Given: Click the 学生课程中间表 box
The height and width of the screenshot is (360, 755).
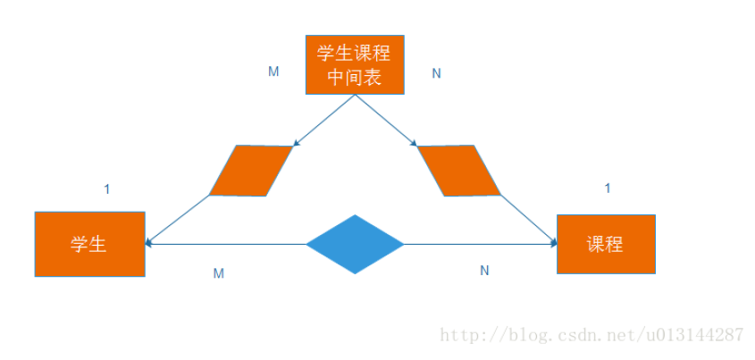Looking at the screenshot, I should [355, 64].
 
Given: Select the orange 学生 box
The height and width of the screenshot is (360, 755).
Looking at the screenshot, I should [89, 244].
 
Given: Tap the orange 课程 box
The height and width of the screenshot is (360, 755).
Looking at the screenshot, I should [606, 244].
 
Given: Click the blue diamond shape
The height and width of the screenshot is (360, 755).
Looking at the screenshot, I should [355, 244].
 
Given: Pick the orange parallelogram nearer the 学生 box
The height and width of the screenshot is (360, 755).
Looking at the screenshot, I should [251, 170].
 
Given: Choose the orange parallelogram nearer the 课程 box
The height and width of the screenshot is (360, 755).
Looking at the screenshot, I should [458, 170].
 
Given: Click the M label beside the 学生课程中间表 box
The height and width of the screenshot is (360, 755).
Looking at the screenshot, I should [273, 71].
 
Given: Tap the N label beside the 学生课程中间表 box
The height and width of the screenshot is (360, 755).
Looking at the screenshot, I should [436, 73].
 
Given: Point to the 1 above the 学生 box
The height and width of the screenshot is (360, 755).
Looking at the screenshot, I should [107, 188].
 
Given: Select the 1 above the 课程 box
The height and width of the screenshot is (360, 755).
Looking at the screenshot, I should [608, 188].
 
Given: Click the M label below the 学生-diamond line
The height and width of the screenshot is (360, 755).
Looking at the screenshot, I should [218, 273].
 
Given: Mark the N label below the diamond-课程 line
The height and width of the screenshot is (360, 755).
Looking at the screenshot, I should [484, 270].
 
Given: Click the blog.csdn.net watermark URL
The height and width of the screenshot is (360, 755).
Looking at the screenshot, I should [593, 335].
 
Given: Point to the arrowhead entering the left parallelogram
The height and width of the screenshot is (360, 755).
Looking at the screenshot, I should [298, 142].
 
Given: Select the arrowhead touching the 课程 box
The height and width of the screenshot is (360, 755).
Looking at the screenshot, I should [551, 242].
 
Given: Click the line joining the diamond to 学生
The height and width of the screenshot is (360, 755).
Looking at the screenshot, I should [228, 244].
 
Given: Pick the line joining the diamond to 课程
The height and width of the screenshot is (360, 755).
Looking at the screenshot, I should [478, 244].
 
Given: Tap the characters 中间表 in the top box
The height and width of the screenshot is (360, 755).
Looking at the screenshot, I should [355, 78].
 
